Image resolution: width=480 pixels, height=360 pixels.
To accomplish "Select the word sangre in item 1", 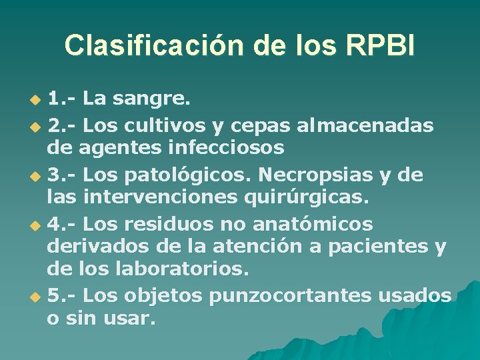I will (x=151, y=99).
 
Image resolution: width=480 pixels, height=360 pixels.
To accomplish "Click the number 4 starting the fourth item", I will (x=54, y=223).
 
